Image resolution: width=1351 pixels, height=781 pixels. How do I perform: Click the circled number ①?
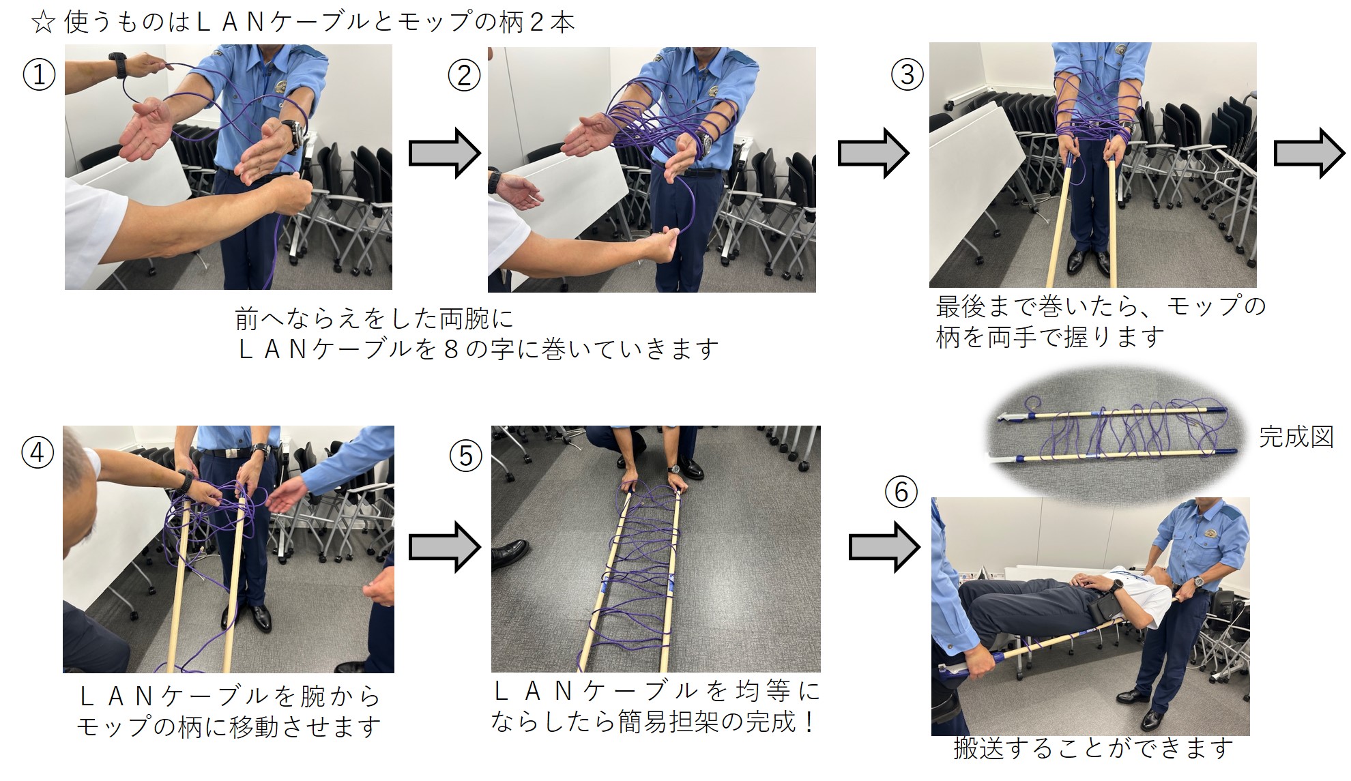click(39, 74)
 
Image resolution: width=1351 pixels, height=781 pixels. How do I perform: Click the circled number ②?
click(464, 74)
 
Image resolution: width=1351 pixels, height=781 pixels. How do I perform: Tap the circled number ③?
click(907, 74)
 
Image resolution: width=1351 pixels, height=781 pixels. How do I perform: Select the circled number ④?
click(38, 453)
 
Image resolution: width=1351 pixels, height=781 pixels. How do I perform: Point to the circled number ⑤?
click(466, 456)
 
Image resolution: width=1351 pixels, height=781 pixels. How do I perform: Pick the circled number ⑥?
click(901, 492)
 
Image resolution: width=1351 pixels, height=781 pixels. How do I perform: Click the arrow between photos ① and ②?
click(444, 153)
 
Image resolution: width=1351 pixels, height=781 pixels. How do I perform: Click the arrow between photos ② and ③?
click(873, 153)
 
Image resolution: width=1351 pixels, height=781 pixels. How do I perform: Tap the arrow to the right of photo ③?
click(1309, 153)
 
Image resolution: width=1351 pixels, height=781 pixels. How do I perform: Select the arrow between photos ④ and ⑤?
click(444, 546)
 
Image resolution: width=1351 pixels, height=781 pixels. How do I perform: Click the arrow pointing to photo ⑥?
click(884, 546)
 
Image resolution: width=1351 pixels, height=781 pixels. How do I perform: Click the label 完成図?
click(1296, 437)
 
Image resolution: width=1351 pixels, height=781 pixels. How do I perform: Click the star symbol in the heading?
click(43, 23)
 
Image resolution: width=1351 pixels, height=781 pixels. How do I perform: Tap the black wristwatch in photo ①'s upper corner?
click(119, 65)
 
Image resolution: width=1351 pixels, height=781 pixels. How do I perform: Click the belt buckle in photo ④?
click(230, 453)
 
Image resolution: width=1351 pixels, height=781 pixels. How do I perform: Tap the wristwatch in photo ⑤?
click(674, 469)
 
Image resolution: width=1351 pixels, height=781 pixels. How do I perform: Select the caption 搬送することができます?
click(1093, 749)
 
